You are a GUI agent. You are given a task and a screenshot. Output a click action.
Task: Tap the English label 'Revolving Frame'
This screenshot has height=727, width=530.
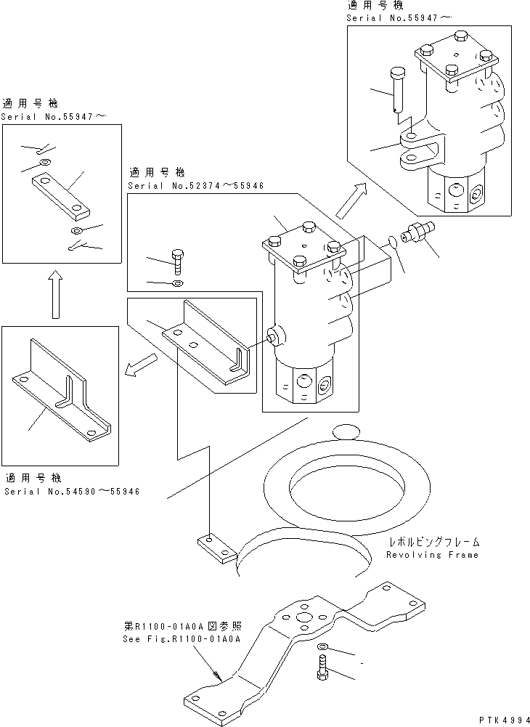click(x=433, y=555)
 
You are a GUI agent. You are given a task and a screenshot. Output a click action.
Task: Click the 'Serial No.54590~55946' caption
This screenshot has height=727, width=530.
click(x=72, y=492)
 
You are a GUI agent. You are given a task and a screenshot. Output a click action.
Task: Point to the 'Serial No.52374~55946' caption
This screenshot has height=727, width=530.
click(x=195, y=186)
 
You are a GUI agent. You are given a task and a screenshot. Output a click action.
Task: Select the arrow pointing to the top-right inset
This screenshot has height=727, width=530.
click(x=350, y=201)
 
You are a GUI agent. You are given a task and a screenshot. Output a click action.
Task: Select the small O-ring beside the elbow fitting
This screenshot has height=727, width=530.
click(x=393, y=241)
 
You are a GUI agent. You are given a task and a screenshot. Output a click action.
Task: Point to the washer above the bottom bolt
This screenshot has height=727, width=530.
click(x=322, y=646)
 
